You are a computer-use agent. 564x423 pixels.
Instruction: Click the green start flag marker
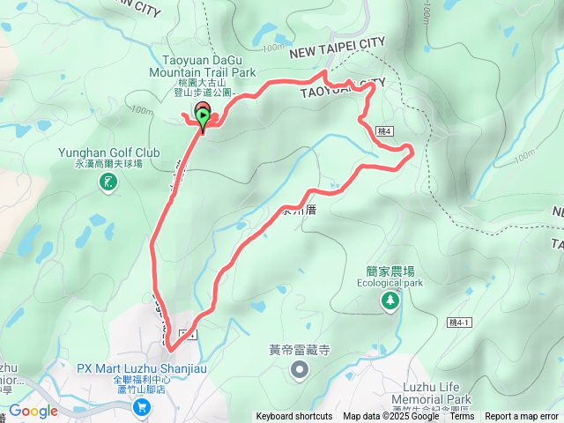tap(204, 116)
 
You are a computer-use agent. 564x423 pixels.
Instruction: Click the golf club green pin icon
tap(108, 182)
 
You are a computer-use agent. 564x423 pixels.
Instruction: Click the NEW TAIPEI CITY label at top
tap(338, 54)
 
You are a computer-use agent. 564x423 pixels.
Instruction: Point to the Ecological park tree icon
tap(390, 301)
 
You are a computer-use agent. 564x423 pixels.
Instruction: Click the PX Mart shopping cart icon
tap(141, 406)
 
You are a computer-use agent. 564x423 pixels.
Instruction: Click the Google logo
tap(33, 411)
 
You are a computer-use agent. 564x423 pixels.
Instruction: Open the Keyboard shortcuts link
tap(294, 417)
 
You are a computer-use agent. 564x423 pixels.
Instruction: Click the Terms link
tap(462, 417)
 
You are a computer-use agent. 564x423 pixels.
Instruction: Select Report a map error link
tap(522, 417)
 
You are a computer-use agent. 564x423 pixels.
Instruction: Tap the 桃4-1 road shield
tap(459, 323)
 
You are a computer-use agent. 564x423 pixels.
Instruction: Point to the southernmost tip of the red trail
tap(168, 350)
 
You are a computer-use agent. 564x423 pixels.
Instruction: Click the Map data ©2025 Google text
tap(390, 417)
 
